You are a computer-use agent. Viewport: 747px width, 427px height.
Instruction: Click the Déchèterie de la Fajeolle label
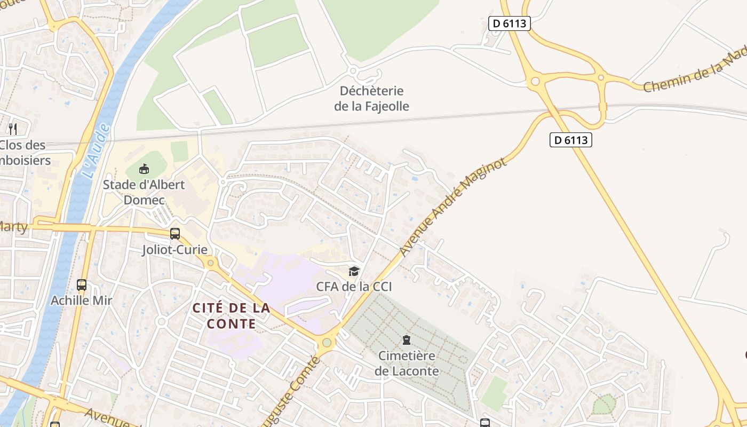click(371, 98)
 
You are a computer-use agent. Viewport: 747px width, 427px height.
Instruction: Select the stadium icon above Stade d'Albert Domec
click(144, 169)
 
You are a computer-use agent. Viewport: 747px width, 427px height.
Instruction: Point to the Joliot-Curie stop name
click(174, 249)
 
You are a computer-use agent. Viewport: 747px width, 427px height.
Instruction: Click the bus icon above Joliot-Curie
click(175, 233)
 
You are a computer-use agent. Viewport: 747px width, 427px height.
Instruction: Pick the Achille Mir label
click(81, 301)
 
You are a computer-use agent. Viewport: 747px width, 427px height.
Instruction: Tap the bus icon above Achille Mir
click(82, 285)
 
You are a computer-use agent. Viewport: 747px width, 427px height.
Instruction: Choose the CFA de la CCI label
click(354, 287)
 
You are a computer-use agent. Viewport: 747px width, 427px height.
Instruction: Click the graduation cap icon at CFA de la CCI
click(354, 271)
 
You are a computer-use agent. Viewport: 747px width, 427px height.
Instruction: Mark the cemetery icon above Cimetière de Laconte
click(407, 340)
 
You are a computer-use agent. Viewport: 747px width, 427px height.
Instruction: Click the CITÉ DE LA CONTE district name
click(231, 315)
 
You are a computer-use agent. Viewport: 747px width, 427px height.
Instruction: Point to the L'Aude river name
click(97, 152)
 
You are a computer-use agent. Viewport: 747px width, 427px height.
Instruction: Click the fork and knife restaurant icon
click(13, 129)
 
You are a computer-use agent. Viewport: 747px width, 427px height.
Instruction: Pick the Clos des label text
click(22, 145)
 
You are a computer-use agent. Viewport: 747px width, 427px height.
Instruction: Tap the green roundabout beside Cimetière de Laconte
click(327, 343)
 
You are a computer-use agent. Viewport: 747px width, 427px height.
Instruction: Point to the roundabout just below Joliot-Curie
click(211, 263)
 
